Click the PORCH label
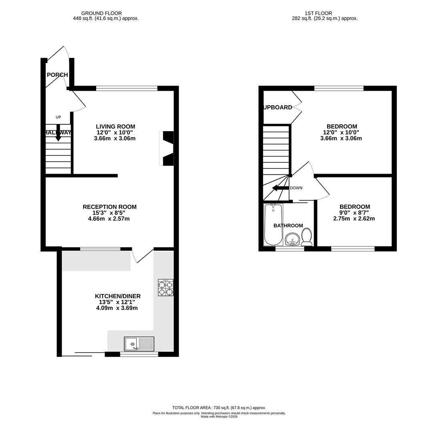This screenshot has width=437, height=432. coord(57,75)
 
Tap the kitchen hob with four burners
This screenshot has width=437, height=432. coord(165,288)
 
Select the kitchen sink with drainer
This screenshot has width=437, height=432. coord(139,344)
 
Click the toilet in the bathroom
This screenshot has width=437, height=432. coord(306,237)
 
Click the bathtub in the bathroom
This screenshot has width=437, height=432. coord(273,224)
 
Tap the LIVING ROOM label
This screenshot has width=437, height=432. coord(115,126)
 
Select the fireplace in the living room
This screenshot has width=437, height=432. coord(167,148)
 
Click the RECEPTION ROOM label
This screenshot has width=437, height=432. coord(109,207)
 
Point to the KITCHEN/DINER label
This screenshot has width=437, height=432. coord(117,296)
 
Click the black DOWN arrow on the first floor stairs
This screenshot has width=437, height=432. coord(280,188)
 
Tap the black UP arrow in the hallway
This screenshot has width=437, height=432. coord(58,133)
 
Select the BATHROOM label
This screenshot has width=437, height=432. coord(288,226)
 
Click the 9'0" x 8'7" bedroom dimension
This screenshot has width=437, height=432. coord(354,213)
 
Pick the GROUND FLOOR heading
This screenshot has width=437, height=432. coord(101,13)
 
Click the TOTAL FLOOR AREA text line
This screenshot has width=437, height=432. coord(219,408)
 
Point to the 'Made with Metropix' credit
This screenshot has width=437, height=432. coord(219,417)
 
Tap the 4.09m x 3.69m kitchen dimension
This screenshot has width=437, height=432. coord(117,308)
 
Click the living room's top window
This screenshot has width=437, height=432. coord(127,88)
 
